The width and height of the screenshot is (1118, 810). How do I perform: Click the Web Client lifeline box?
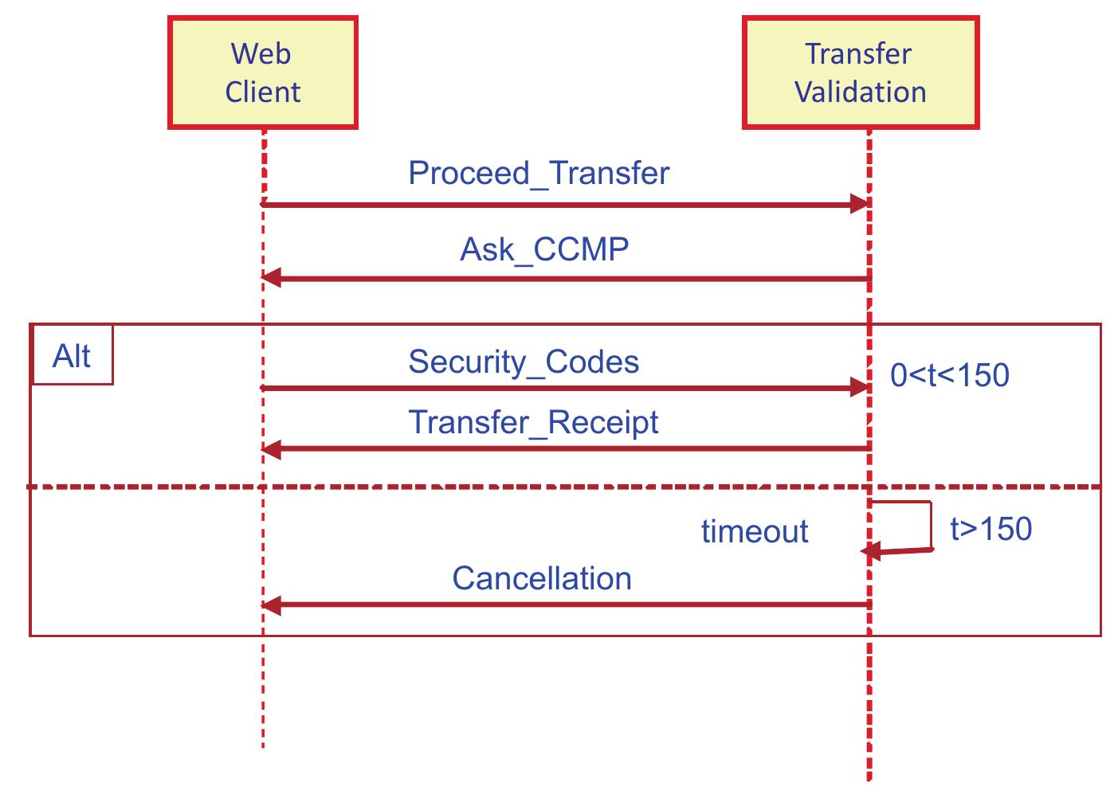[x=262, y=72]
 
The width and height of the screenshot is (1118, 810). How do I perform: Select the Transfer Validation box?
[x=860, y=72]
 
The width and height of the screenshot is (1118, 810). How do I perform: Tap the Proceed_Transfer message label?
[x=539, y=173]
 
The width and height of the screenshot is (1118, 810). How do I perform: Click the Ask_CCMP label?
[x=544, y=249]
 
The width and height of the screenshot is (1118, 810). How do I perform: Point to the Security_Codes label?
[x=524, y=362]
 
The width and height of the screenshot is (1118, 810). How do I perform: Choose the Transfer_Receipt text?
[x=533, y=422]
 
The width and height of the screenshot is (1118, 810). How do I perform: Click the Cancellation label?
[x=542, y=578]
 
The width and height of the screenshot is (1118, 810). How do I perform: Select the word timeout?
[x=755, y=531]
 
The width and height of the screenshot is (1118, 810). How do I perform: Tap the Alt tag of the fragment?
[x=72, y=356]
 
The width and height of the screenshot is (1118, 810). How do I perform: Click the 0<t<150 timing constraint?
[x=949, y=375]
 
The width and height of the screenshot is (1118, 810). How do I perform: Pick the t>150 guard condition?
[x=991, y=529]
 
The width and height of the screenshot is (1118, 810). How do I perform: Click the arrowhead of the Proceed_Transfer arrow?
[x=859, y=205]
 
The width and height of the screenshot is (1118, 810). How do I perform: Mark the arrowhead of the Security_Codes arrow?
[x=859, y=388]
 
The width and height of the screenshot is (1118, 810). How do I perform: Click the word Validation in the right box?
[x=861, y=92]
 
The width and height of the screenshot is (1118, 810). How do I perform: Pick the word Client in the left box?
[x=262, y=92]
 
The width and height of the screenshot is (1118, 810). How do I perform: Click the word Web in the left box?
[x=261, y=54]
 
